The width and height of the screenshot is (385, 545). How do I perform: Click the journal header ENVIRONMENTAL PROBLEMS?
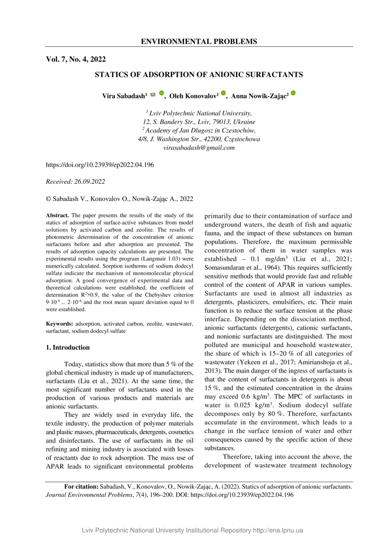click(199, 42)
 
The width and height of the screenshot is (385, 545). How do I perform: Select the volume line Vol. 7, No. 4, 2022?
click(76, 59)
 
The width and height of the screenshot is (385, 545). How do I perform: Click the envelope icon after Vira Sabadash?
click(153, 94)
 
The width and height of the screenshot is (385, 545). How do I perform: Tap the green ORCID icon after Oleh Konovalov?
click(223, 93)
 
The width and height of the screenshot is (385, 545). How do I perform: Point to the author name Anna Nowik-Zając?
click(259, 96)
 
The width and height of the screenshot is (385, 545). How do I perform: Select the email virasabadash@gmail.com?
click(199, 148)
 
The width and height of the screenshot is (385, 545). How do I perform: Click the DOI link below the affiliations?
click(100, 165)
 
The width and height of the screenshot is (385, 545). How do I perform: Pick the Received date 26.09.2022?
click(90, 181)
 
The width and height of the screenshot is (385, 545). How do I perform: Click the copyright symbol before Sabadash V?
click(49, 199)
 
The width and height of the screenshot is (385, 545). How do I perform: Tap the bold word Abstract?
click(58, 215)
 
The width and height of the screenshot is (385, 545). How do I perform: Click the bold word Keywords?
click(60, 323)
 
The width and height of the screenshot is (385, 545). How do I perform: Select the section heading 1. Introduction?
click(68, 347)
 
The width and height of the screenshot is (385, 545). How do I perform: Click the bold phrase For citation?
click(81, 487)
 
